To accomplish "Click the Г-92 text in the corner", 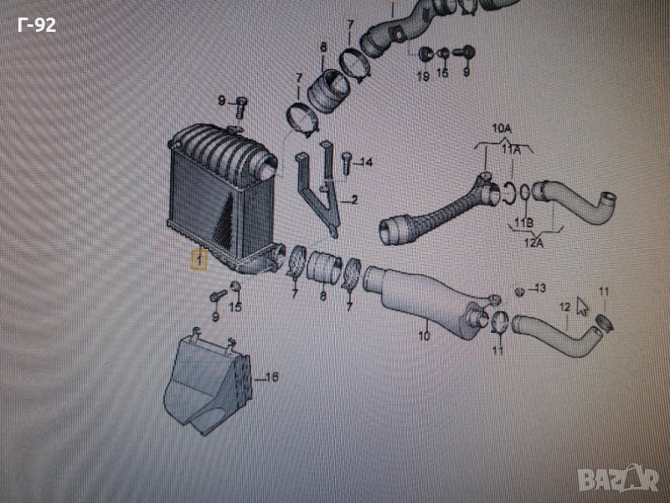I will pyautogui.click(x=37, y=25).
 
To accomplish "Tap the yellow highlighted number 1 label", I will pyautogui.click(x=198, y=261).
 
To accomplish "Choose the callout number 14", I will pyautogui.click(x=366, y=163).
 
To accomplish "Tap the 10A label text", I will pyautogui.click(x=501, y=128).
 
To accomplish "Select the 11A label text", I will pyautogui.click(x=511, y=149).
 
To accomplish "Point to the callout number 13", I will pyautogui.click(x=540, y=288).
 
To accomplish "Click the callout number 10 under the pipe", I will pyautogui.click(x=424, y=336).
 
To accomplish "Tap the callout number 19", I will pyautogui.click(x=423, y=76).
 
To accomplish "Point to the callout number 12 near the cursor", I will pyautogui.click(x=565, y=307).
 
